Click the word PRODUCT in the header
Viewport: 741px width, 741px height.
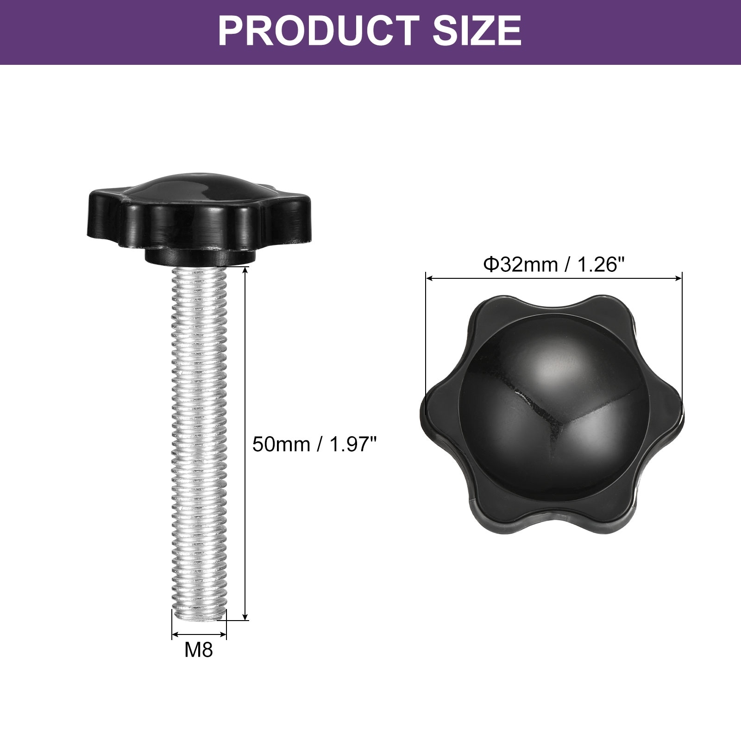[x=318, y=31]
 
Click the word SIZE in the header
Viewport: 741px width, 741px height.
[x=477, y=31]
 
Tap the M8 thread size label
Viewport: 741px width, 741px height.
[x=199, y=650]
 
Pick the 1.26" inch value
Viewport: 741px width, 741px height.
[x=600, y=265]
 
